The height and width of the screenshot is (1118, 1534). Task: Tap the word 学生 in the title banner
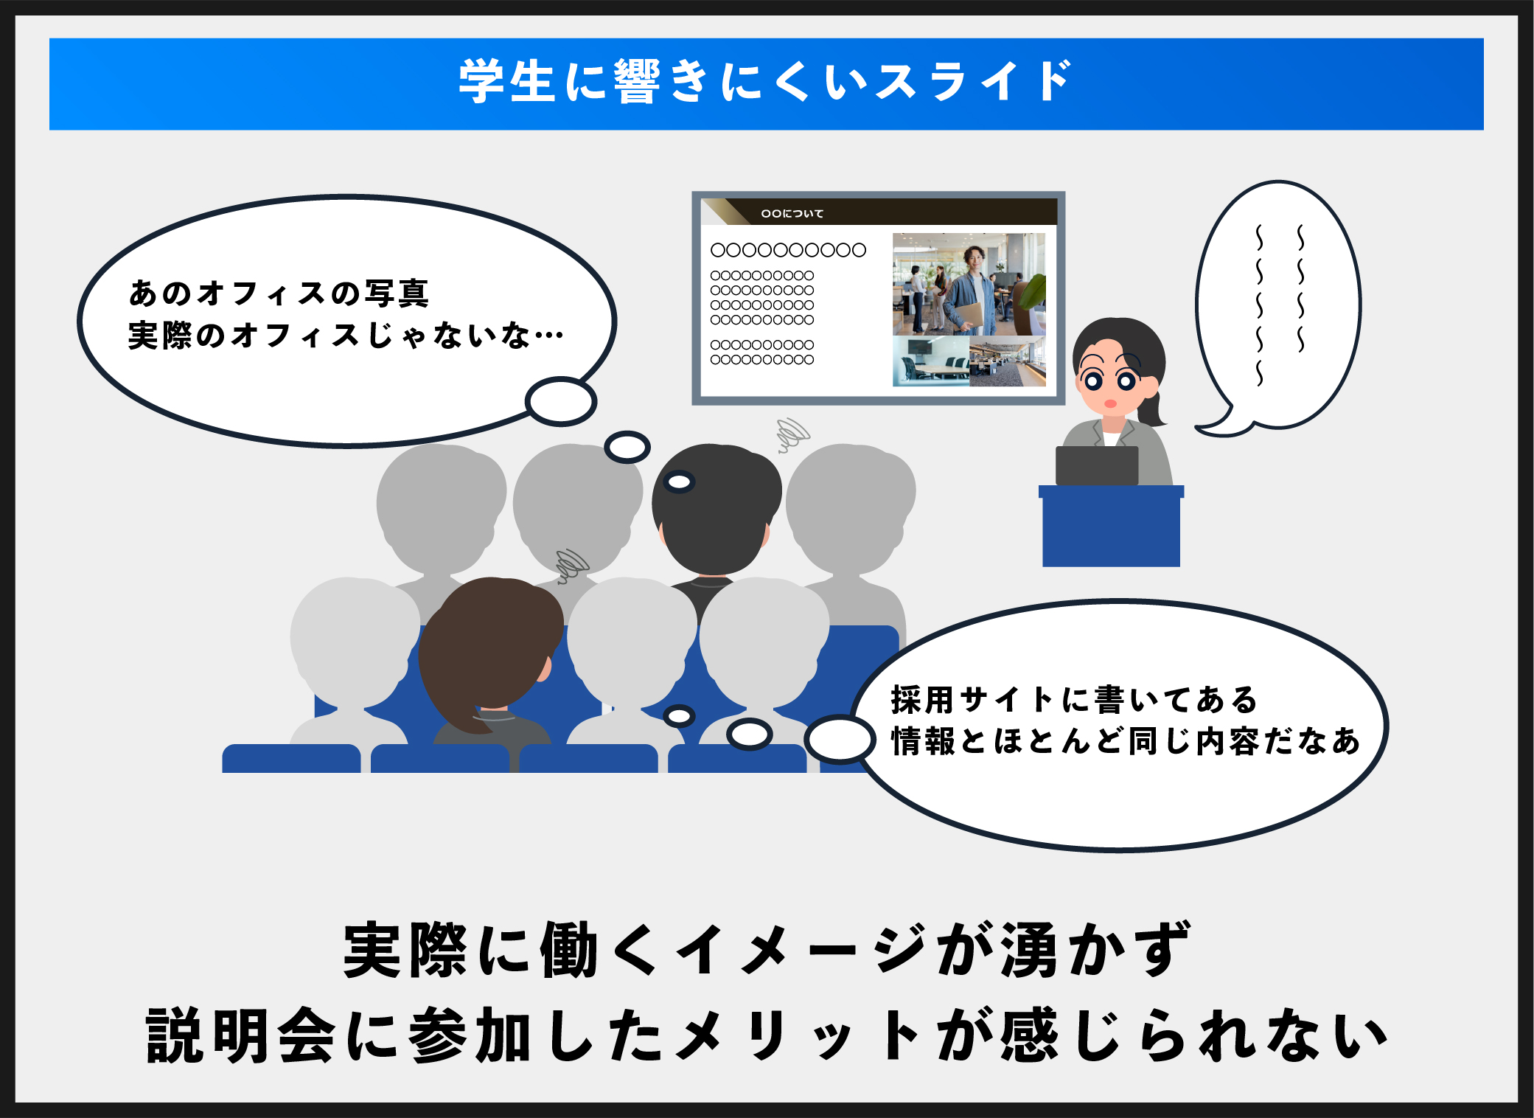coord(506,81)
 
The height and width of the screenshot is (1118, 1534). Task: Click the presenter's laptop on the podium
coord(1096,465)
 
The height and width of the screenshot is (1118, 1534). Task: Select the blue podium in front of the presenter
coord(1111,526)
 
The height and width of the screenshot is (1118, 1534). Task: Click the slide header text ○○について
coord(792,213)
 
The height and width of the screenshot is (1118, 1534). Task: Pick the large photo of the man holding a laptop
coord(969,284)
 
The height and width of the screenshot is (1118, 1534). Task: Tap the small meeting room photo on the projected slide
coord(931,361)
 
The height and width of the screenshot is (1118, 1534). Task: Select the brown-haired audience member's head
coord(489,649)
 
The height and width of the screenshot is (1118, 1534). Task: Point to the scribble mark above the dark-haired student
coord(793,434)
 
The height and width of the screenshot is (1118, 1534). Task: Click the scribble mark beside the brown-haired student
coord(572,566)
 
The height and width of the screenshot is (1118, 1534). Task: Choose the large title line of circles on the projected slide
coord(788,250)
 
